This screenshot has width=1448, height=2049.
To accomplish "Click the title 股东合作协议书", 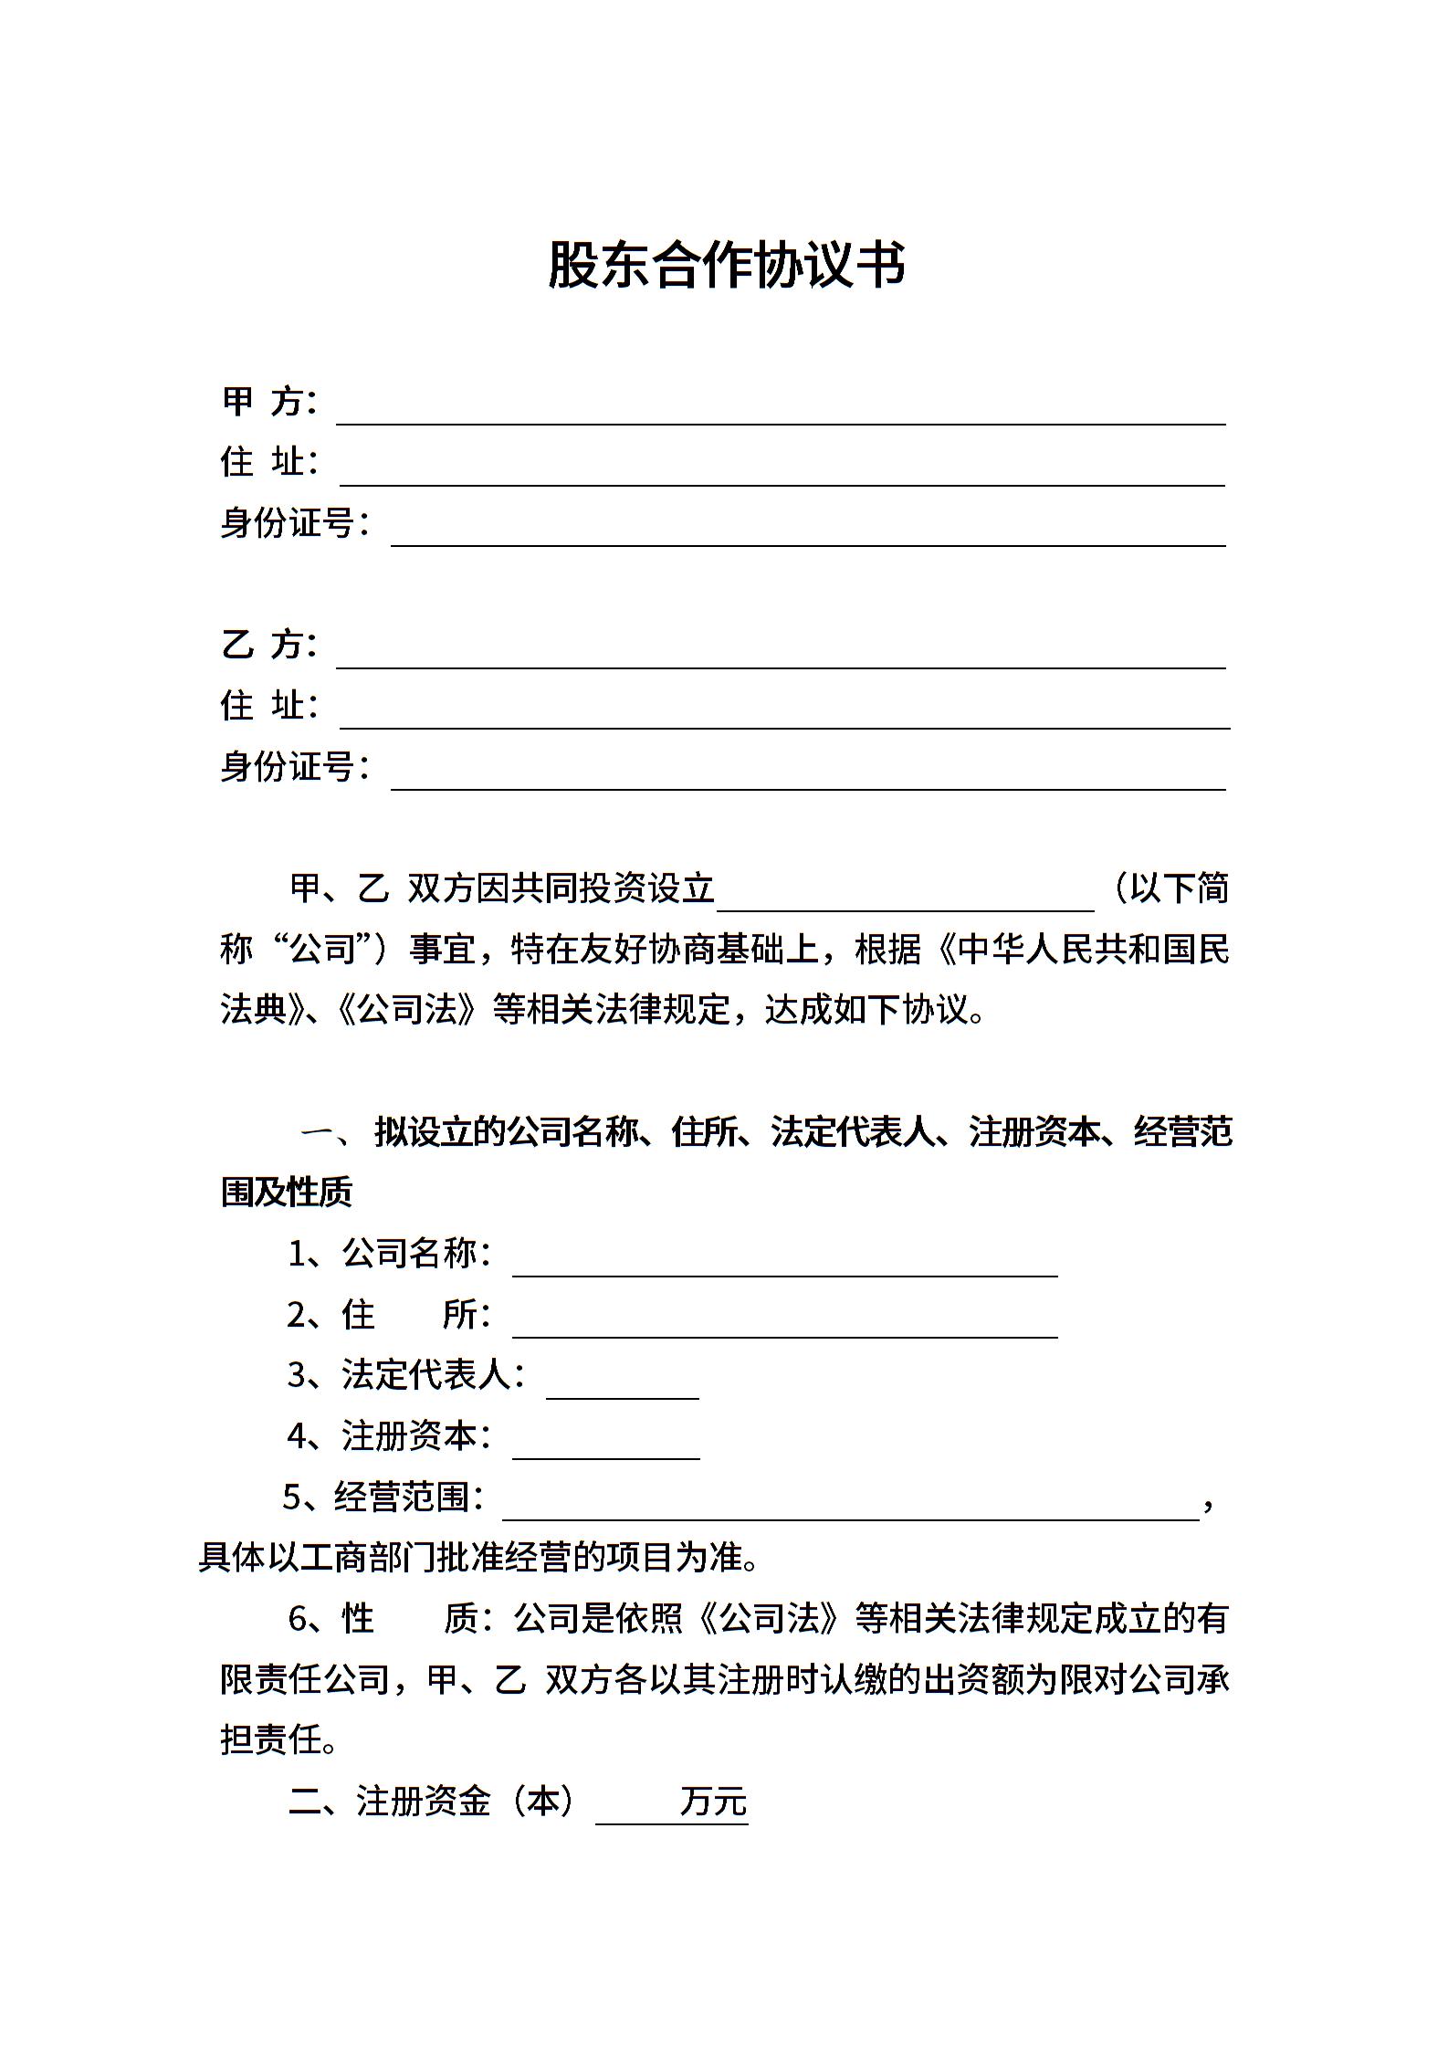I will click(726, 266).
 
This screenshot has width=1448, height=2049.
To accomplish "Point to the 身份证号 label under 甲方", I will click(294, 523).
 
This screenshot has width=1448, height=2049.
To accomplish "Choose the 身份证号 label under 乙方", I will click(294, 767).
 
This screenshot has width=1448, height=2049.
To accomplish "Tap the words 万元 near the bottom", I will click(713, 1802).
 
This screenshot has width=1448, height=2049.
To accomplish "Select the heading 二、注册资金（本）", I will click(432, 1802).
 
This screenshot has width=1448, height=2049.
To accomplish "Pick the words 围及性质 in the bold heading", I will click(287, 1193).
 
